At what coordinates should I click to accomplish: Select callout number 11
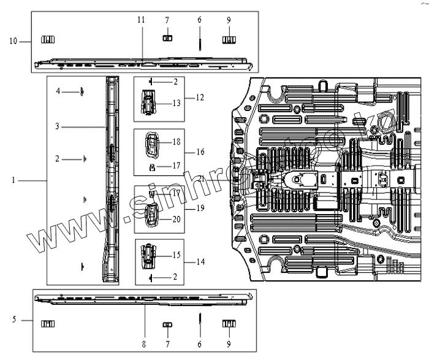(x=141, y=20)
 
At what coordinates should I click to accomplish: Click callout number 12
(x=201, y=97)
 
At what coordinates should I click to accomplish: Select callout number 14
(x=201, y=261)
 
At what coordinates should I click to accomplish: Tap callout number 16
(x=201, y=151)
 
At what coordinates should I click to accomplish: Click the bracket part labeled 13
(x=149, y=103)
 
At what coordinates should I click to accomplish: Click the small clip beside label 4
(x=80, y=92)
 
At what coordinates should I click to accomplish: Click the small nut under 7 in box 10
(x=166, y=38)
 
